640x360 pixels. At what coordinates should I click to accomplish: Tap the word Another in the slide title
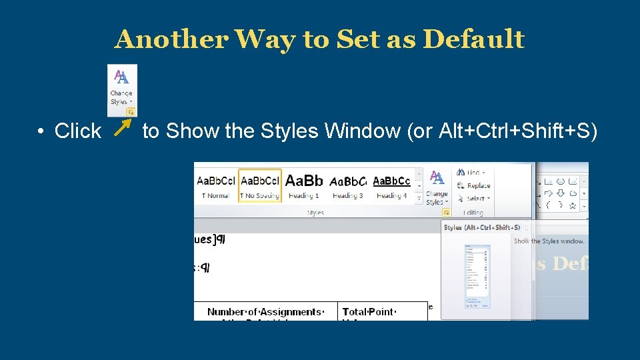pyautogui.click(x=171, y=39)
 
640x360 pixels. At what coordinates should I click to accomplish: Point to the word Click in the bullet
pyautogui.click(x=77, y=131)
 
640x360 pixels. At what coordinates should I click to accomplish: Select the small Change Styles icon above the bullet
pyautogui.click(x=122, y=89)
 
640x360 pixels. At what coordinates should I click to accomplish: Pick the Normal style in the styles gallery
pyautogui.click(x=216, y=187)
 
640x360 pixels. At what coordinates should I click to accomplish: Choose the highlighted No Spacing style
pyautogui.click(x=260, y=187)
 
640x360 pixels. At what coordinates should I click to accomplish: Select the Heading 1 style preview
pyautogui.click(x=304, y=187)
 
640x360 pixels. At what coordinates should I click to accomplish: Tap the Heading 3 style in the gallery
pyautogui.click(x=348, y=187)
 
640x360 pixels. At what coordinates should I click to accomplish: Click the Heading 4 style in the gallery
pyautogui.click(x=391, y=187)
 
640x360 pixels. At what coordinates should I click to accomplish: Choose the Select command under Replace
pyautogui.click(x=476, y=198)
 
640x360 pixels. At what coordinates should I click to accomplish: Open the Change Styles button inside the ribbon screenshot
pyautogui.click(x=437, y=188)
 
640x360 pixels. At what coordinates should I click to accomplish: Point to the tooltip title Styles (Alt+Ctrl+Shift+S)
pyautogui.click(x=482, y=227)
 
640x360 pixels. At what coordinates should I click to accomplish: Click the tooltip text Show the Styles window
pyautogui.click(x=549, y=241)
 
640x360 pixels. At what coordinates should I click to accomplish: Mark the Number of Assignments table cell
pyautogui.click(x=265, y=312)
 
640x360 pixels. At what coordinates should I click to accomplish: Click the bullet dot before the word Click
pyautogui.click(x=41, y=131)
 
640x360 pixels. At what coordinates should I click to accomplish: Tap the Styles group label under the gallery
pyautogui.click(x=315, y=213)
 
